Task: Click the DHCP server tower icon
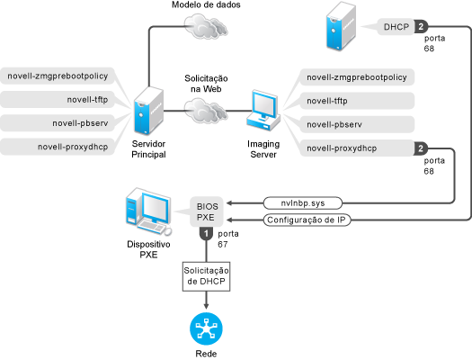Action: pos(341,26)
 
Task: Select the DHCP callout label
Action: pos(396,27)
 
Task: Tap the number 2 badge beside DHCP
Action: pos(421,27)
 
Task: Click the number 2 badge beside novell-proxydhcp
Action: pos(421,148)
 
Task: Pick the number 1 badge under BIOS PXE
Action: pos(206,234)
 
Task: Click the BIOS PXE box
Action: pos(207,211)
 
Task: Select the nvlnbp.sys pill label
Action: pos(303,203)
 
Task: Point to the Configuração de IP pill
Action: pos(307,220)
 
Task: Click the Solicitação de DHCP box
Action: pos(206,276)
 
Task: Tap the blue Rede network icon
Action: pos(206,329)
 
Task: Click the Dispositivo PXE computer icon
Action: pos(148,211)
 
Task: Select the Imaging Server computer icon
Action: pos(263,111)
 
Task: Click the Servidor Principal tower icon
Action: pos(148,111)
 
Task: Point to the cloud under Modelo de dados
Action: pos(206,26)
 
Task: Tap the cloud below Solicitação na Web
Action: pos(206,111)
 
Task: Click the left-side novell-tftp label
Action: pos(58,99)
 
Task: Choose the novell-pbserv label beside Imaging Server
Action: pos(357,124)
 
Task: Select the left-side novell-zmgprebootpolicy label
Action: pos(58,76)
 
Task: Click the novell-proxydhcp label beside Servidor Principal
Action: pos(58,147)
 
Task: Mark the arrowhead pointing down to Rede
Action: pos(206,306)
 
